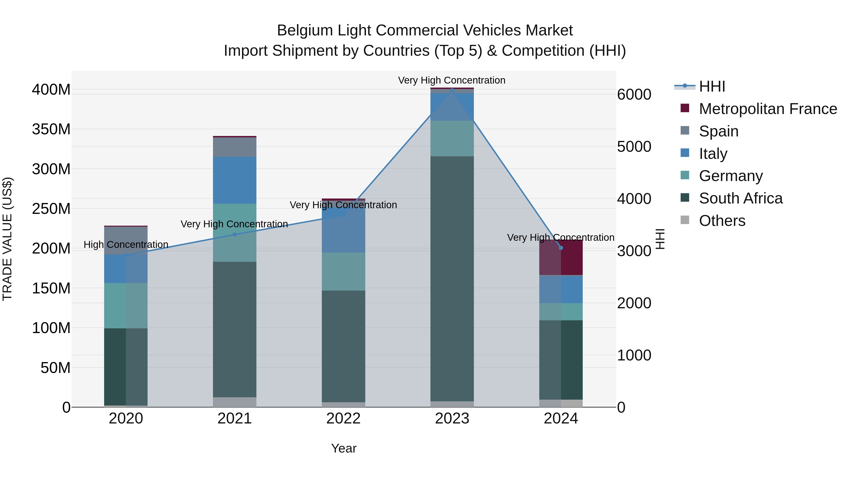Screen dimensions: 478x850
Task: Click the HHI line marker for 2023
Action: [x=452, y=90]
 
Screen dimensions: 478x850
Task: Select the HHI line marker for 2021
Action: [x=235, y=235]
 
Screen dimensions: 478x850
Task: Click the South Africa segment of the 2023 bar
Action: [x=452, y=279]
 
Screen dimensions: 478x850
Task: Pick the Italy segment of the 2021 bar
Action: [x=235, y=180]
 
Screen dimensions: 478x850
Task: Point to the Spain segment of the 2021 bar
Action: [x=235, y=147]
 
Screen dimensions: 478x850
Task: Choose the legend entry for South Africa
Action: [x=740, y=199]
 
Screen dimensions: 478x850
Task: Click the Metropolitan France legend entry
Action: [x=768, y=109]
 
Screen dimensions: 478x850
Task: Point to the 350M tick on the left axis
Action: [x=51, y=129]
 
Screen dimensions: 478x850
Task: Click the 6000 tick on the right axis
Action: [x=634, y=95]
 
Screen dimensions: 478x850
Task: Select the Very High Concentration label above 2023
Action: [x=451, y=80]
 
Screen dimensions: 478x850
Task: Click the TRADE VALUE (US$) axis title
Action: [x=7, y=239]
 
